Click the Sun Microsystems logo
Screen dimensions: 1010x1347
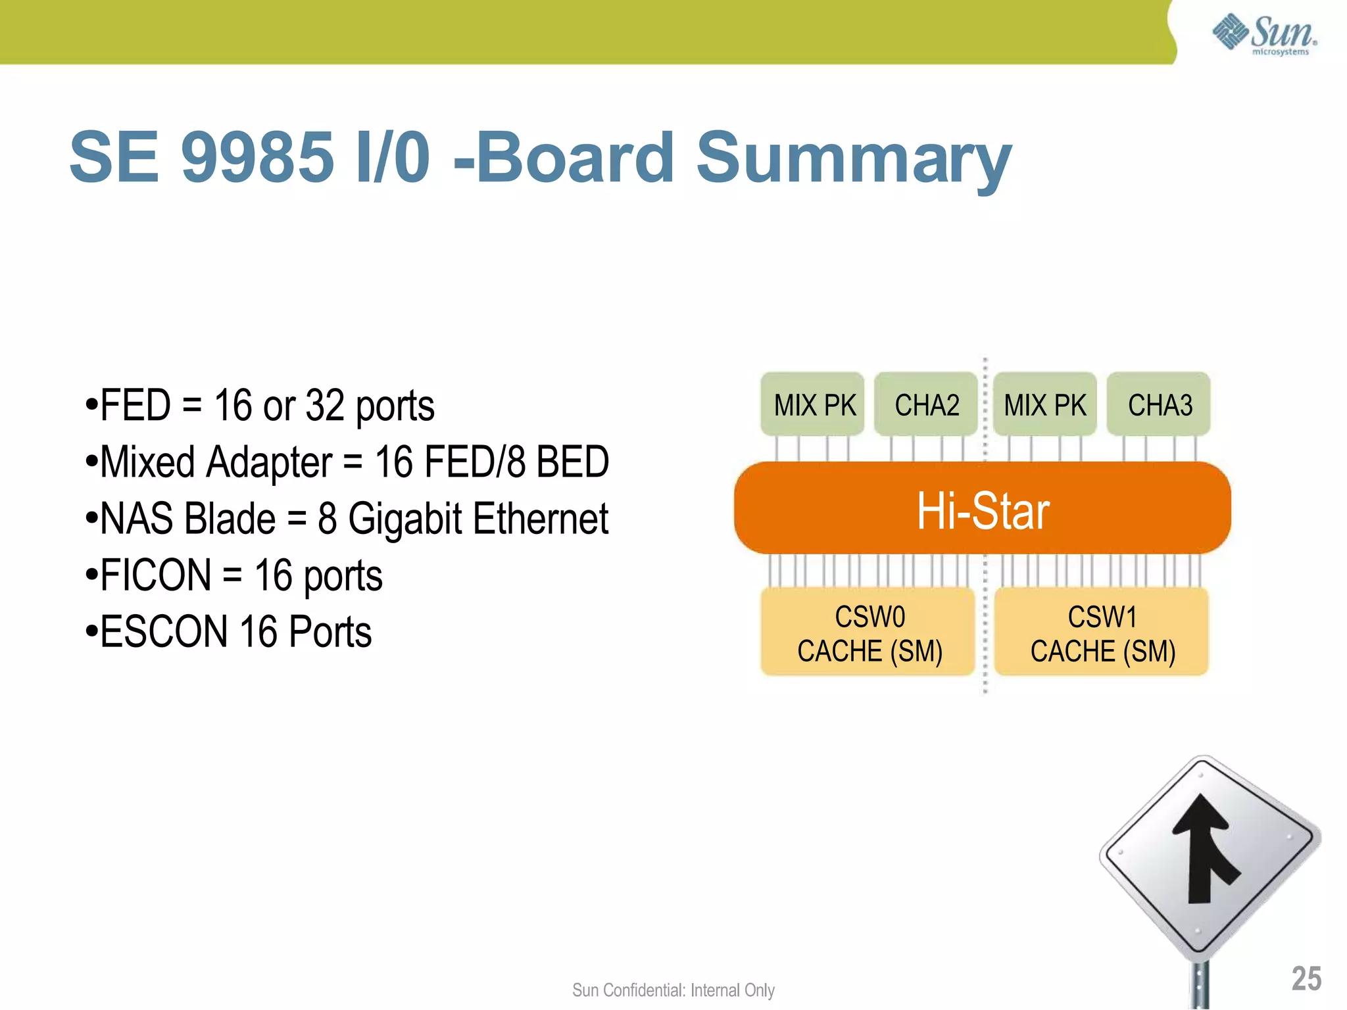click(x=1264, y=34)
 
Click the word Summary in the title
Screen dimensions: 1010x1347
click(x=854, y=158)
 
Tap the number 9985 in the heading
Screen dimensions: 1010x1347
click(x=257, y=158)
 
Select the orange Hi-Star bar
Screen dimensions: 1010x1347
click(x=983, y=508)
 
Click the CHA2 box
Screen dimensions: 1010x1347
click(x=926, y=404)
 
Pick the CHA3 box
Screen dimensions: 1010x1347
click(x=1160, y=404)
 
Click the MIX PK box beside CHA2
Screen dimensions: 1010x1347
click(x=814, y=404)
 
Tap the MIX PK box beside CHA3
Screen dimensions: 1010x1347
click(x=1045, y=404)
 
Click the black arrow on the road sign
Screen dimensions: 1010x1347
click(x=1206, y=848)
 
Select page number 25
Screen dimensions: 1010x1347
click(x=1306, y=978)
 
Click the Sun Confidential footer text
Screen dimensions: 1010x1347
click(x=673, y=990)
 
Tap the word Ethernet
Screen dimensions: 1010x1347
click(x=541, y=519)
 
